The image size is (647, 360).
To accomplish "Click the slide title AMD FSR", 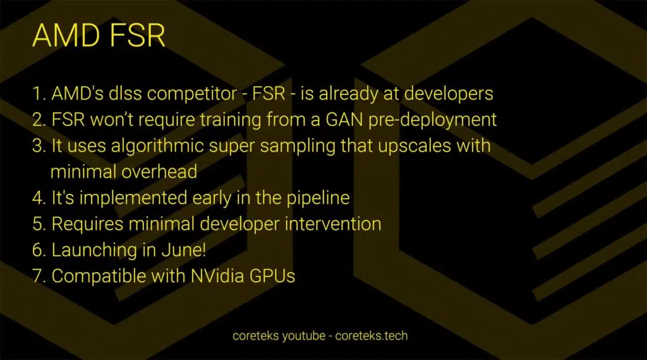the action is click(x=99, y=35).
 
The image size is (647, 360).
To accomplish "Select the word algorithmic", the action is click(x=157, y=147).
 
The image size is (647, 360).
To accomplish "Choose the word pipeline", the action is click(x=318, y=198).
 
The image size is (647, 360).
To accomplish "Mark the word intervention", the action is click(x=333, y=224).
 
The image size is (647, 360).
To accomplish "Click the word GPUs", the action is click(x=272, y=276).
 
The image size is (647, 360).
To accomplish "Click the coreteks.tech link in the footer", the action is click(x=372, y=335).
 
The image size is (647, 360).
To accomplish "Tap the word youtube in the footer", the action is click(x=304, y=336).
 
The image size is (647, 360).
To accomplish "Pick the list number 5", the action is click(x=39, y=224).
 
